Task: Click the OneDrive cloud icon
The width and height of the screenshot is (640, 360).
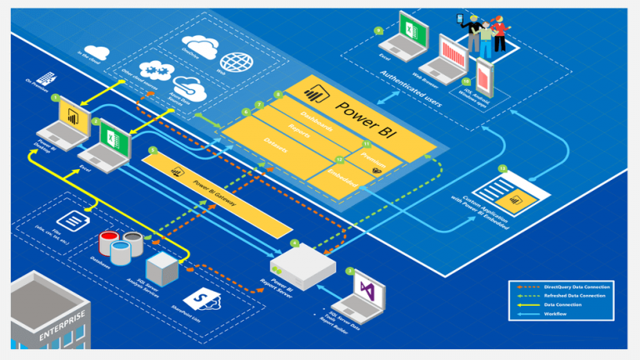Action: (x=201, y=43)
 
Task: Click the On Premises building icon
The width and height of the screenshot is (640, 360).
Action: (x=46, y=77)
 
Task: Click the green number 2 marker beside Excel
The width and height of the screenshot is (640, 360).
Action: (x=96, y=122)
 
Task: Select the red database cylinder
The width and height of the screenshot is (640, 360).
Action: (x=108, y=242)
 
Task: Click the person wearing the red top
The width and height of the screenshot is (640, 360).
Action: (x=499, y=32)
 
